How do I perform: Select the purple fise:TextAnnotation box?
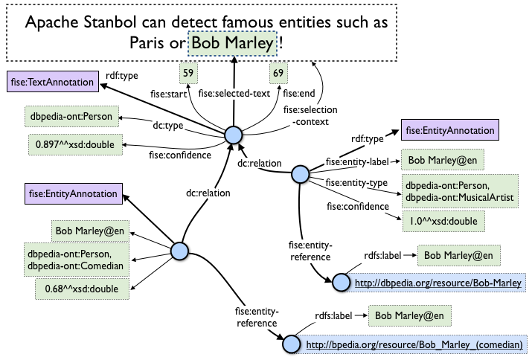click(x=52, y=81)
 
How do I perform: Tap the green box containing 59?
click(x=189, y=73)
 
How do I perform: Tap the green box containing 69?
click(x=278, y=73)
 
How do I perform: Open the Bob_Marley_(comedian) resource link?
click(x=414, y=345)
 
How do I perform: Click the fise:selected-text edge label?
click(x=235, y=94)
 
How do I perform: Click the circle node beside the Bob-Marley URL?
click(x=340, y=282)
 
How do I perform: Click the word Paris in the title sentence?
click(x=153, y=45)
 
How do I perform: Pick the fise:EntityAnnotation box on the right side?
click(x=449, y=131)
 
